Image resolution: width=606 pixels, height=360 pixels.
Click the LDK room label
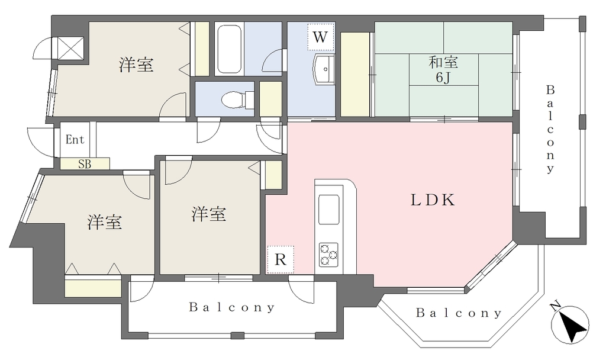point(433,200)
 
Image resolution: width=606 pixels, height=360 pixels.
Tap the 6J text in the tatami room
point(443,78)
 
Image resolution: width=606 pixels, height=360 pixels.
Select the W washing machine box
point(320,37)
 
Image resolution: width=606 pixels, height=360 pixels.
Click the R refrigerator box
point(281,259)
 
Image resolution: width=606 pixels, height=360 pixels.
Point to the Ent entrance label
point(75,139)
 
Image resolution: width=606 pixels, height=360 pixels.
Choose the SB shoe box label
point(85,164)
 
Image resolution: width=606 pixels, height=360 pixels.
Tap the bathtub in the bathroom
point(229,49)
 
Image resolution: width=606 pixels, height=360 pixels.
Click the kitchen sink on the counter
point(328,210)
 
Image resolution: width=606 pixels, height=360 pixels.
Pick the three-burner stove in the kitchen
point(328,255)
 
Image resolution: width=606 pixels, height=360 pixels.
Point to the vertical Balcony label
point(550,130)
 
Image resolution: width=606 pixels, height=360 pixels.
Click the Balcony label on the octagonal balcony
point(459,313)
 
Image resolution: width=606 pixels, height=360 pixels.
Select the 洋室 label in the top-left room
point(136,65)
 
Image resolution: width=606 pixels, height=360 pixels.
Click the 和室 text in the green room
point(443,62)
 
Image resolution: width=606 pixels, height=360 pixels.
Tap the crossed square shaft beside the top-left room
point(71,48)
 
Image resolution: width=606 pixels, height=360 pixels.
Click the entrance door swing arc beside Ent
point(40,142)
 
